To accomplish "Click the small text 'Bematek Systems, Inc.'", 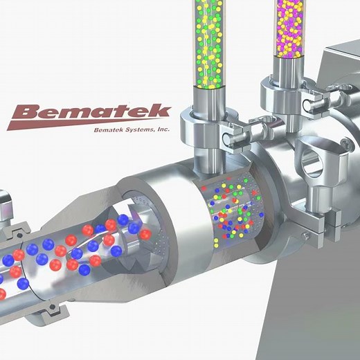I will tap(132, 129).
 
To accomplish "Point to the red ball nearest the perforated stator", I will tap(144, 235).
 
